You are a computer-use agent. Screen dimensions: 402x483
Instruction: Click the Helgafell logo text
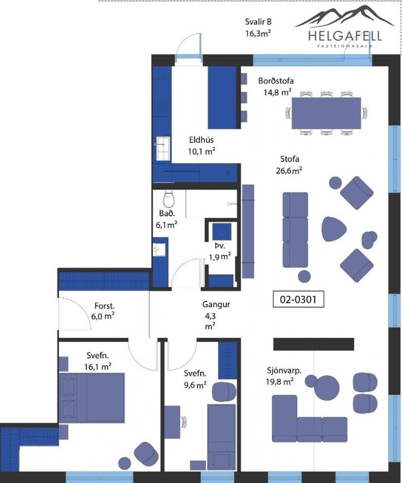[x=345, y=36]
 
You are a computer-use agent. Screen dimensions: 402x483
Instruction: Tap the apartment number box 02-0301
[x=298, y=299]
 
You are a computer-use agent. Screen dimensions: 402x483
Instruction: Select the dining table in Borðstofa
[x=326, y=113]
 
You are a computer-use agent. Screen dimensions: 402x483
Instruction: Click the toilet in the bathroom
[x=169, y=199]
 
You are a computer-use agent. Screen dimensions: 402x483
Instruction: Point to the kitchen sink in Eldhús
[x=162, y=148]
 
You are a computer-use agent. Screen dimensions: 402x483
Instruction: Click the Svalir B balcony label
[x=258, y=27]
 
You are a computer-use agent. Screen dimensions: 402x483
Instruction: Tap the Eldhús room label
[x=201, y=140]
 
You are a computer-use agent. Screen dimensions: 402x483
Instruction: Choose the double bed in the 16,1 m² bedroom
[x=92, y=398]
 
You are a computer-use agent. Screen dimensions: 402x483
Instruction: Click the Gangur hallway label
[x=216, y=304]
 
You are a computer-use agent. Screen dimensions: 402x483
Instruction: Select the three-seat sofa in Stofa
[x=296, y=230]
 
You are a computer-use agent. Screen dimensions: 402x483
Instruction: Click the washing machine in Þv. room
[x=222, y=232]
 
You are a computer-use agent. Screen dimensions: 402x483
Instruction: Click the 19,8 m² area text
[x=279, y=382]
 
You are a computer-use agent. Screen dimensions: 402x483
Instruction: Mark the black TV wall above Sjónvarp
[x=313, y=344]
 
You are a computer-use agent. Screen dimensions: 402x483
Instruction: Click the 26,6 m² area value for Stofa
[x=289, y=170]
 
